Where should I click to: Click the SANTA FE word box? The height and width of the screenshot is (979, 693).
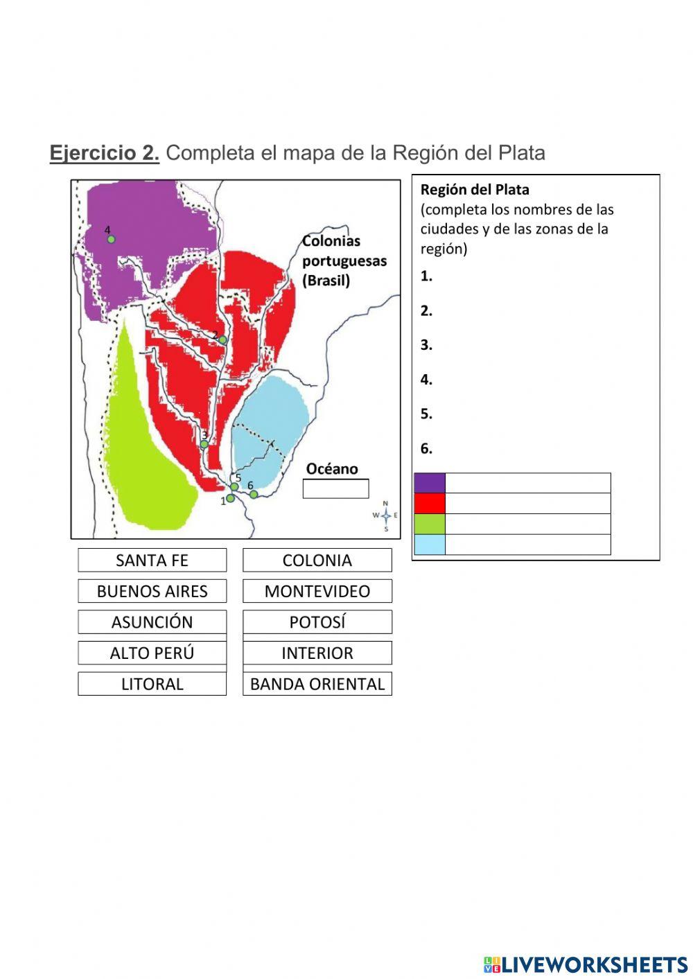pyautogui.click(x=152, y=560)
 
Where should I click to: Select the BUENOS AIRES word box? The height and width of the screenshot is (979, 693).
pyautogui.click(x=152, y=591)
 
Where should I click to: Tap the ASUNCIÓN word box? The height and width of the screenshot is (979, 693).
pyautogui.click(x=152, y=621)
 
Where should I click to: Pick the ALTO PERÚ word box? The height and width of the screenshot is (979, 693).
pyautogui.click(x=152, y=653)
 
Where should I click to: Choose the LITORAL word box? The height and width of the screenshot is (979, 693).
pyautogui.click(x=152, y=684)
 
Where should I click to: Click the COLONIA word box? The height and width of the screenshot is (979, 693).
pyautogui.click(x=317, y=560)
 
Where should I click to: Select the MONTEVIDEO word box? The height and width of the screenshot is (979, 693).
pyautogui.click(x=317, y=591)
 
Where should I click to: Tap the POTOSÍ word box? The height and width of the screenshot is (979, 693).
pyautogui.click(x=317, y=621)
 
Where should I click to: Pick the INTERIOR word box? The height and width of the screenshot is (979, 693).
pyautogui.click(x=317, y=653)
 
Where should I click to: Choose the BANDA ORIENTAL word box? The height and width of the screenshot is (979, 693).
pyautogui.click(x=317, y=684)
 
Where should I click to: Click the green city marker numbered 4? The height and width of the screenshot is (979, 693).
pyautogui.click(x=111, y=239)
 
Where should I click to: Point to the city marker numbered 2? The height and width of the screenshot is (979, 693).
pyautogui.click(x=223, y=340)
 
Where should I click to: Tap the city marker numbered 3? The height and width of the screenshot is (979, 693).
pyautogui.click(x=204, y=444)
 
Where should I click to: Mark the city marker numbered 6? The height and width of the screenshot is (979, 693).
pyautogui.click(x=254, y=494)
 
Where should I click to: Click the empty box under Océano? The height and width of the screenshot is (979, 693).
pyautogui.click(x=335, y=488)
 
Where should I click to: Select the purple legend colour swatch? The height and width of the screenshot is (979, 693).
pyautogui.click(x=430, y=483)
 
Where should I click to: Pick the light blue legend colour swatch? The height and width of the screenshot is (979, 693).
pyautogui.click(x=430, y=545)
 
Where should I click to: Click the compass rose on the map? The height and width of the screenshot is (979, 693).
pyautogui.click(x=386, y=515)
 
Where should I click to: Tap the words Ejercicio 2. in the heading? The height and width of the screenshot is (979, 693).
pyautogui.click(x=105, y=153)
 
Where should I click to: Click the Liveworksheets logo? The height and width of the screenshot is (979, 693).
pyautogui.click(x=585, y=964)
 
